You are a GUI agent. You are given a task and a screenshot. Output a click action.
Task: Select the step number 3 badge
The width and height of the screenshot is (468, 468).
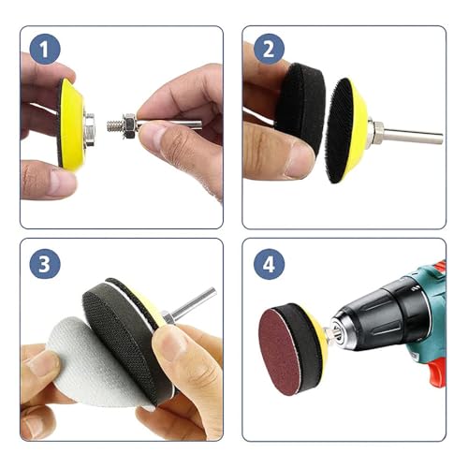(43, 263)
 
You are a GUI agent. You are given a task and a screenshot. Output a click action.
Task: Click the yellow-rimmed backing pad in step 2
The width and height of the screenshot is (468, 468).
(354, 129)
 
